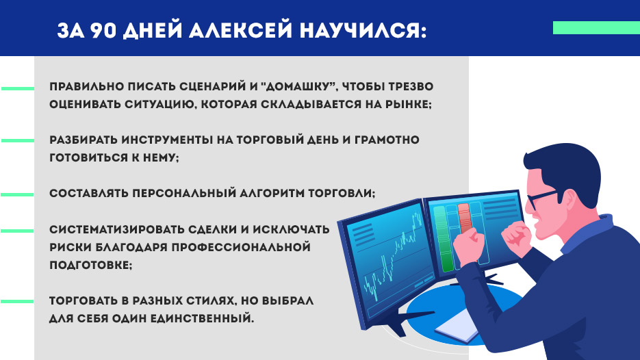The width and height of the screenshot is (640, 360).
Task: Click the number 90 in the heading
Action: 103,30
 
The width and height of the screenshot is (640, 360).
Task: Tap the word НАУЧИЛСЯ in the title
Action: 363,31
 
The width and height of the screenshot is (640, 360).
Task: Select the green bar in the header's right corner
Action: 596,28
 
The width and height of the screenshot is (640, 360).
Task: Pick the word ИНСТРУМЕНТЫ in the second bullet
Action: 167,140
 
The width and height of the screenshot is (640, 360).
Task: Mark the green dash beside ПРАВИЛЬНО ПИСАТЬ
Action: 18,88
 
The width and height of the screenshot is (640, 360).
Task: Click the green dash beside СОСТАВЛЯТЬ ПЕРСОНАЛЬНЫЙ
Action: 17,194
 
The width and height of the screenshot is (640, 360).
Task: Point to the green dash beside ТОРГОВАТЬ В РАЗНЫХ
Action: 17,302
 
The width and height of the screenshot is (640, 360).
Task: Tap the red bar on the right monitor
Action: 465,218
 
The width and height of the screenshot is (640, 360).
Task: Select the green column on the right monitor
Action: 442,239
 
